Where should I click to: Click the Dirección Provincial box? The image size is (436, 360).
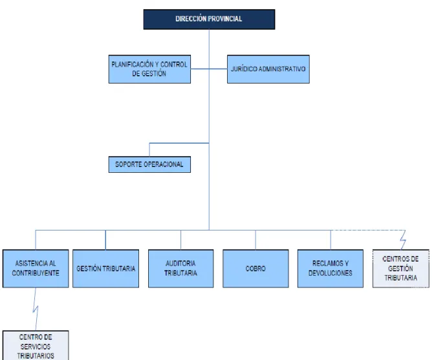(x=209, y=19)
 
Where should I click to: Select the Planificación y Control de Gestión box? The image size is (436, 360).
(x=149, y=69)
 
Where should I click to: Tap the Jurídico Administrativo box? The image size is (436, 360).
(x=268, y=69)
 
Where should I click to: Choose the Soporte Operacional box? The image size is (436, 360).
(x=149, y=164)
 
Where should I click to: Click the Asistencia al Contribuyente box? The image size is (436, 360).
(x=36, y=269)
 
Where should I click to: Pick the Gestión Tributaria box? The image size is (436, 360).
(x=105, y=269)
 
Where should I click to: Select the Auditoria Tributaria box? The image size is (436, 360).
(x=180, y=269)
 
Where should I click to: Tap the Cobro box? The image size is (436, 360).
(x=256, y=269)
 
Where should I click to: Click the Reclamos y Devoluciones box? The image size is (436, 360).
(x=331, y=269)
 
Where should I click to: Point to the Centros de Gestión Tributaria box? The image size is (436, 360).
(x=400, y=269)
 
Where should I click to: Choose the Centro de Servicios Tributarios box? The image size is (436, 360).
(x=36, y=345)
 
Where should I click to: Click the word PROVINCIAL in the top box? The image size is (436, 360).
(x=225, y=19)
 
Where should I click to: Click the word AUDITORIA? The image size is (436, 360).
(x=180, y=264)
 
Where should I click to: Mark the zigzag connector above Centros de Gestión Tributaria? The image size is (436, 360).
(x=403, y=240)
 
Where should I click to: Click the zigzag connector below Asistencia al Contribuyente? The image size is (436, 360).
(x=36, y=309)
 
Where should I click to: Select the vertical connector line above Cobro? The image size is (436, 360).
(x=256, y=240)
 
